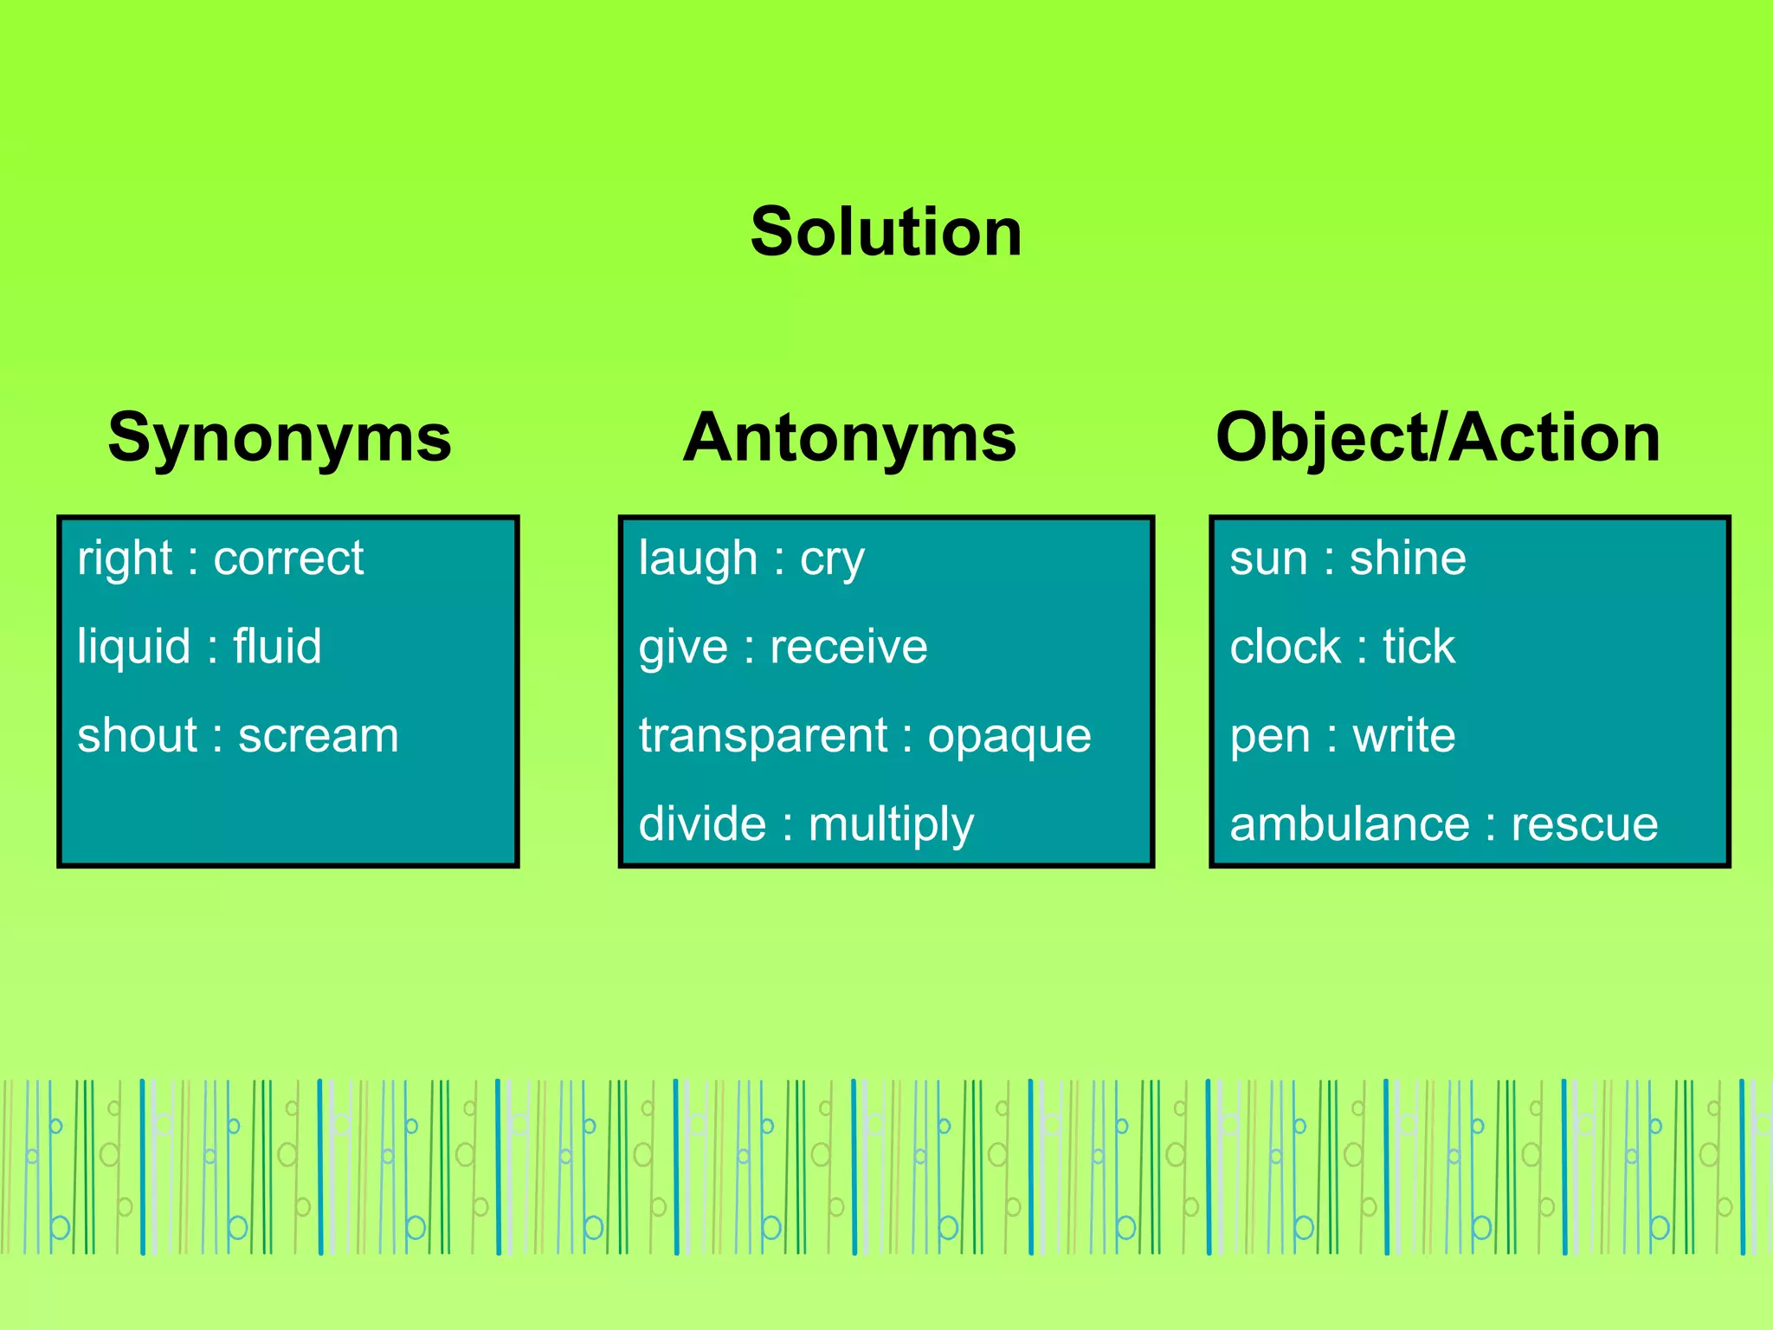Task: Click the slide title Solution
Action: [886, 232]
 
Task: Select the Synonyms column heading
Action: [280, 438]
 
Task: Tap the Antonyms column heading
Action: [849, 438]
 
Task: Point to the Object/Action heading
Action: [1438, 438]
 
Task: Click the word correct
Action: [288, 558]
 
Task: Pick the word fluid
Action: [277, 647]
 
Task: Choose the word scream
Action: [319, 736]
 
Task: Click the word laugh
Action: [698, 558]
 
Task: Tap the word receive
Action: [848, 648]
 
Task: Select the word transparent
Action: [763, 737]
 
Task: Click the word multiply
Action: [891, 825]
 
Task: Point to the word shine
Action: [1408, 558]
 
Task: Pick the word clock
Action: [1285, 647]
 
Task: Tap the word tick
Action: [1418, 647]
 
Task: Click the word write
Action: [1403, 736]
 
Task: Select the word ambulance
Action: [1350, 824]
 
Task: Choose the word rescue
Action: [1584, 824]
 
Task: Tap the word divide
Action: [702, 824]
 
